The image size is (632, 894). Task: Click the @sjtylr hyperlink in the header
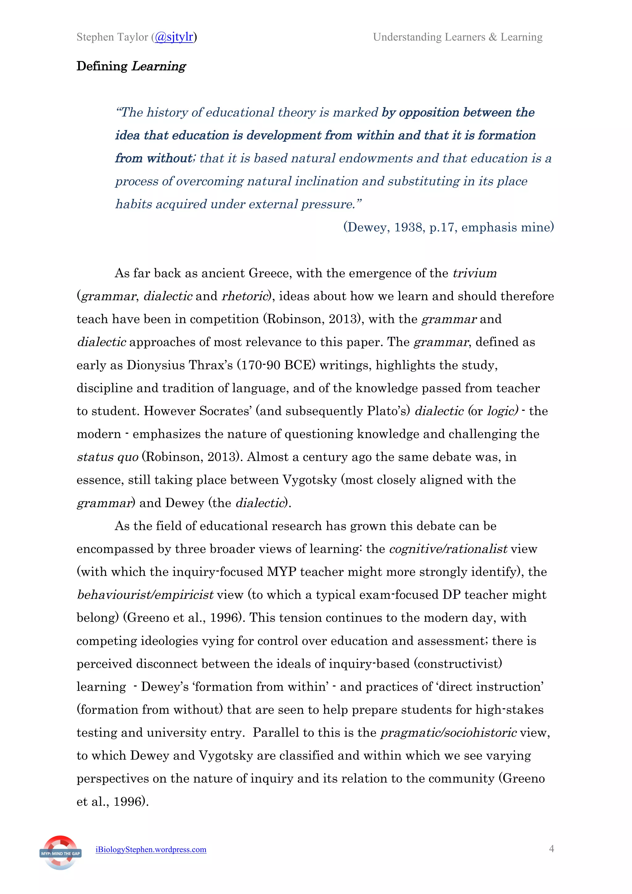click(174, 37)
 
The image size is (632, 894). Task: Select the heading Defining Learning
click(131, 66)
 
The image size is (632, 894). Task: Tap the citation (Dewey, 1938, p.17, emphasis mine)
click(448, 227)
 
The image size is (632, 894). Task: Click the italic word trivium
click(474, 273)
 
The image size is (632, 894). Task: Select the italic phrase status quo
click(107, 457)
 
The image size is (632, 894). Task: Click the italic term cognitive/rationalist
click(448, 549)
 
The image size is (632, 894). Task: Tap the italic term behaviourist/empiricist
click(145, 595)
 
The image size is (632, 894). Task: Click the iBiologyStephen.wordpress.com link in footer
click(151, 850)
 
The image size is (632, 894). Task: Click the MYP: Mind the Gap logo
click(60, 853)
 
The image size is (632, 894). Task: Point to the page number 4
click(551, 849)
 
